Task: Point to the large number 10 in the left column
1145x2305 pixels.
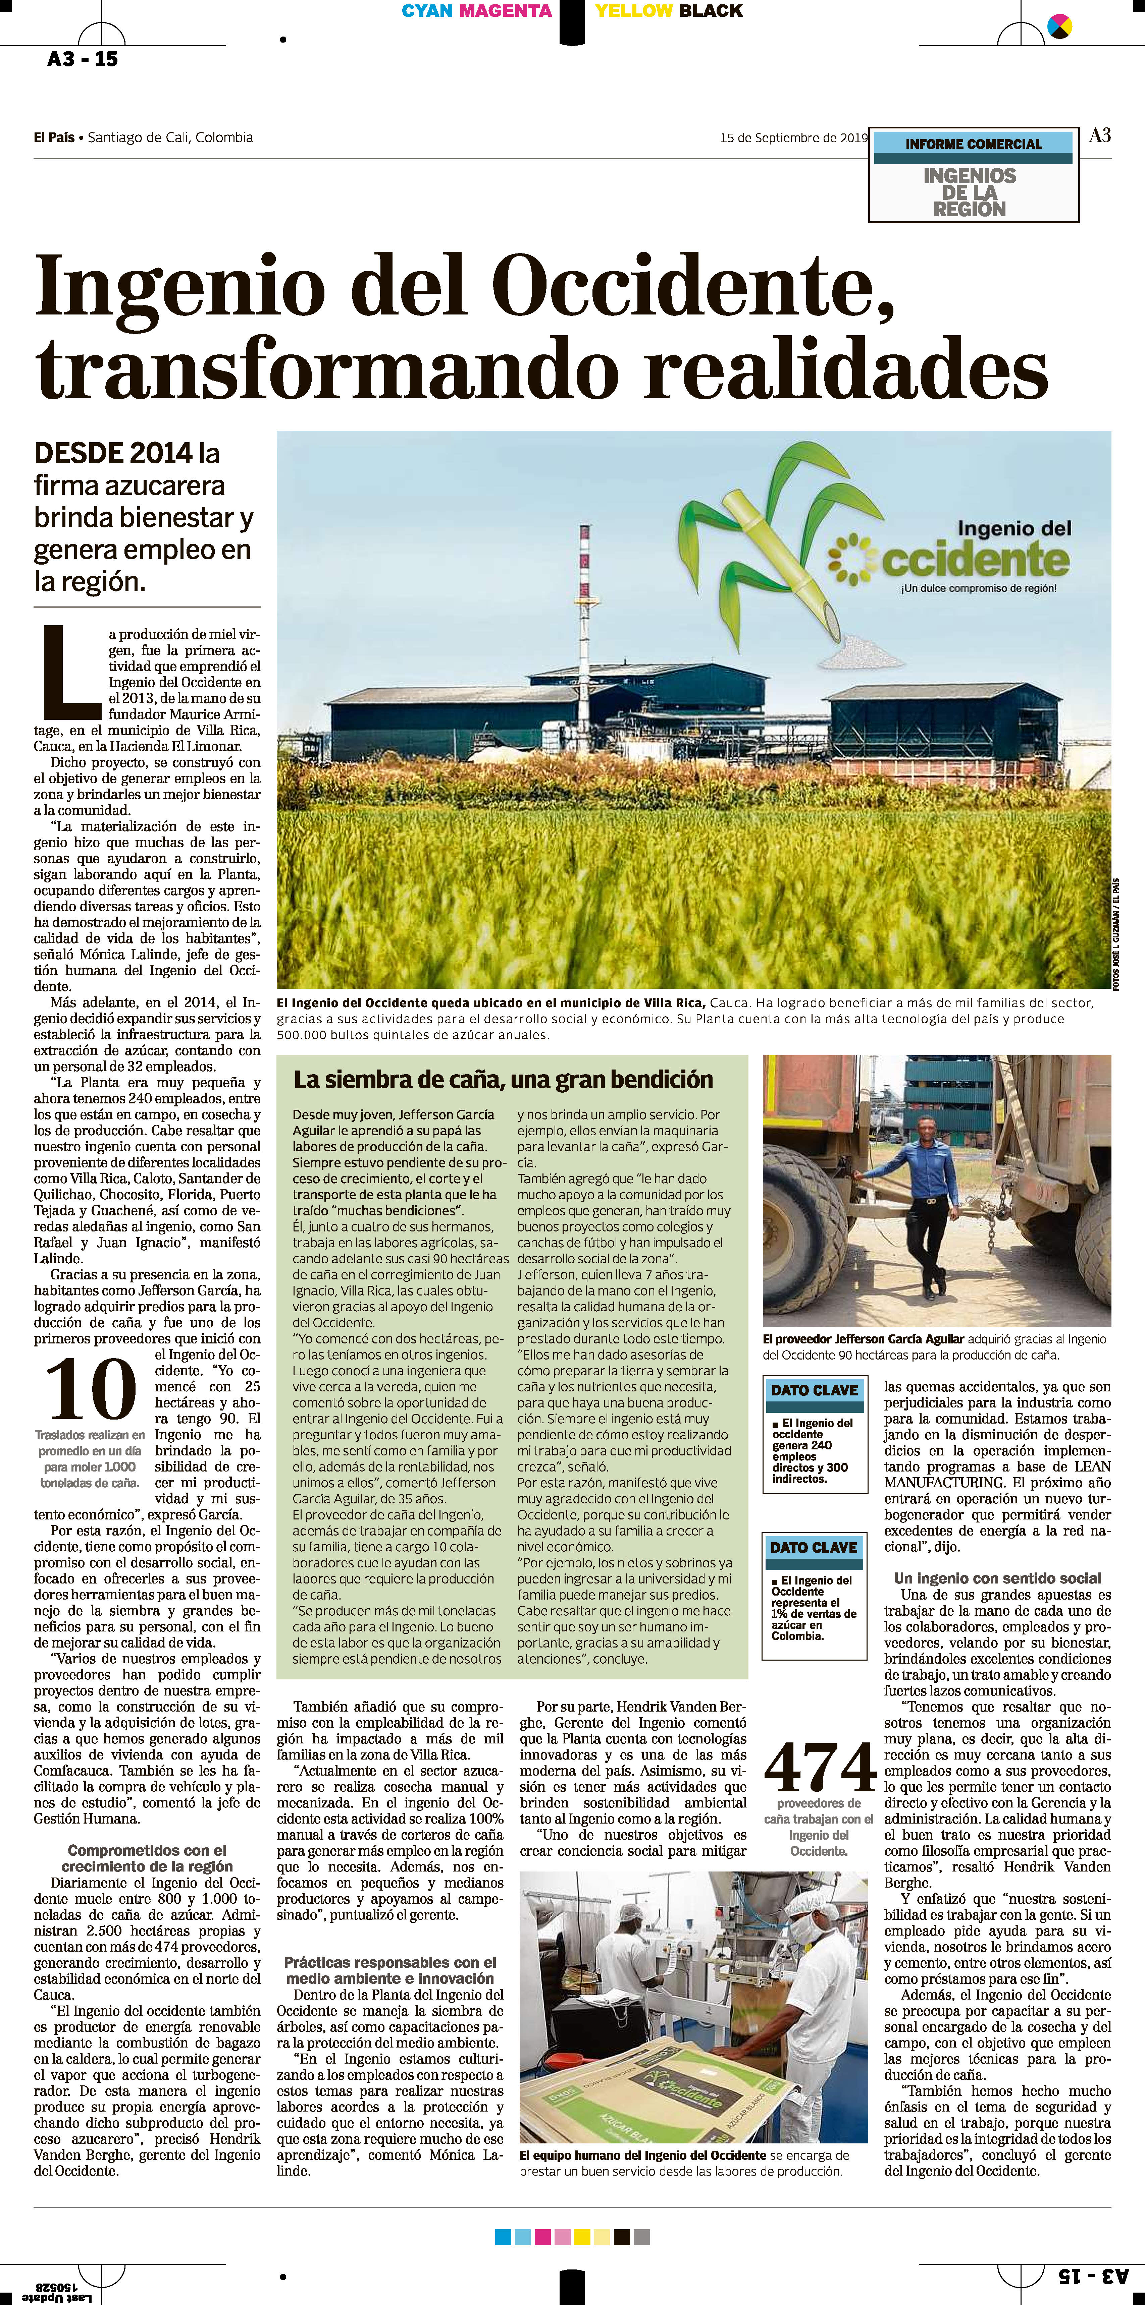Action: pos(91,1390)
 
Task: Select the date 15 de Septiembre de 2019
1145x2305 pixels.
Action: pos(793,138)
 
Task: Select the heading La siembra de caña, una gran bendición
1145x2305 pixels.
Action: pos(503,1080)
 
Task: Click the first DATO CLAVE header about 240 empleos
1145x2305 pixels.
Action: pos(815,1390)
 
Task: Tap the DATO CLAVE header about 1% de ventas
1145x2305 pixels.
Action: pos(814,1547)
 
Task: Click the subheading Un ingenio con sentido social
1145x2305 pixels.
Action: pos(997,1578)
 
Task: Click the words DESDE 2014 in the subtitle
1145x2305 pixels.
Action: pos(113,454)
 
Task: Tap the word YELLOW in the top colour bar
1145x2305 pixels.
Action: pos(633,11)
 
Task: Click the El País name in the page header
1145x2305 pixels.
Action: pos(54,138)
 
